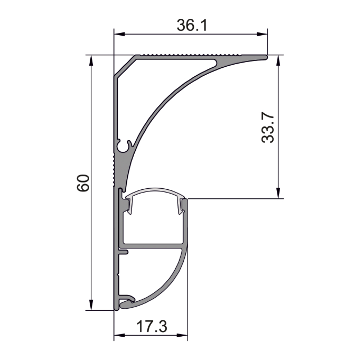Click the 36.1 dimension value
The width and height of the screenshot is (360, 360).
(192, 25)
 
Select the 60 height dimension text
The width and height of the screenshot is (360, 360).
(83, 183)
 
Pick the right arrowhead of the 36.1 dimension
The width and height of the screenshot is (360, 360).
(262, 34)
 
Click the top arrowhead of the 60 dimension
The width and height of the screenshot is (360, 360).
(91, 60)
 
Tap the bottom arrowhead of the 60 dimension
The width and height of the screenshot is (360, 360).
(91, 305)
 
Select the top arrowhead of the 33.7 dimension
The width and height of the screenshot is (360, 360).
(278, 60)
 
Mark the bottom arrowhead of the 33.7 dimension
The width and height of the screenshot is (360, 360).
(278, 193)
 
